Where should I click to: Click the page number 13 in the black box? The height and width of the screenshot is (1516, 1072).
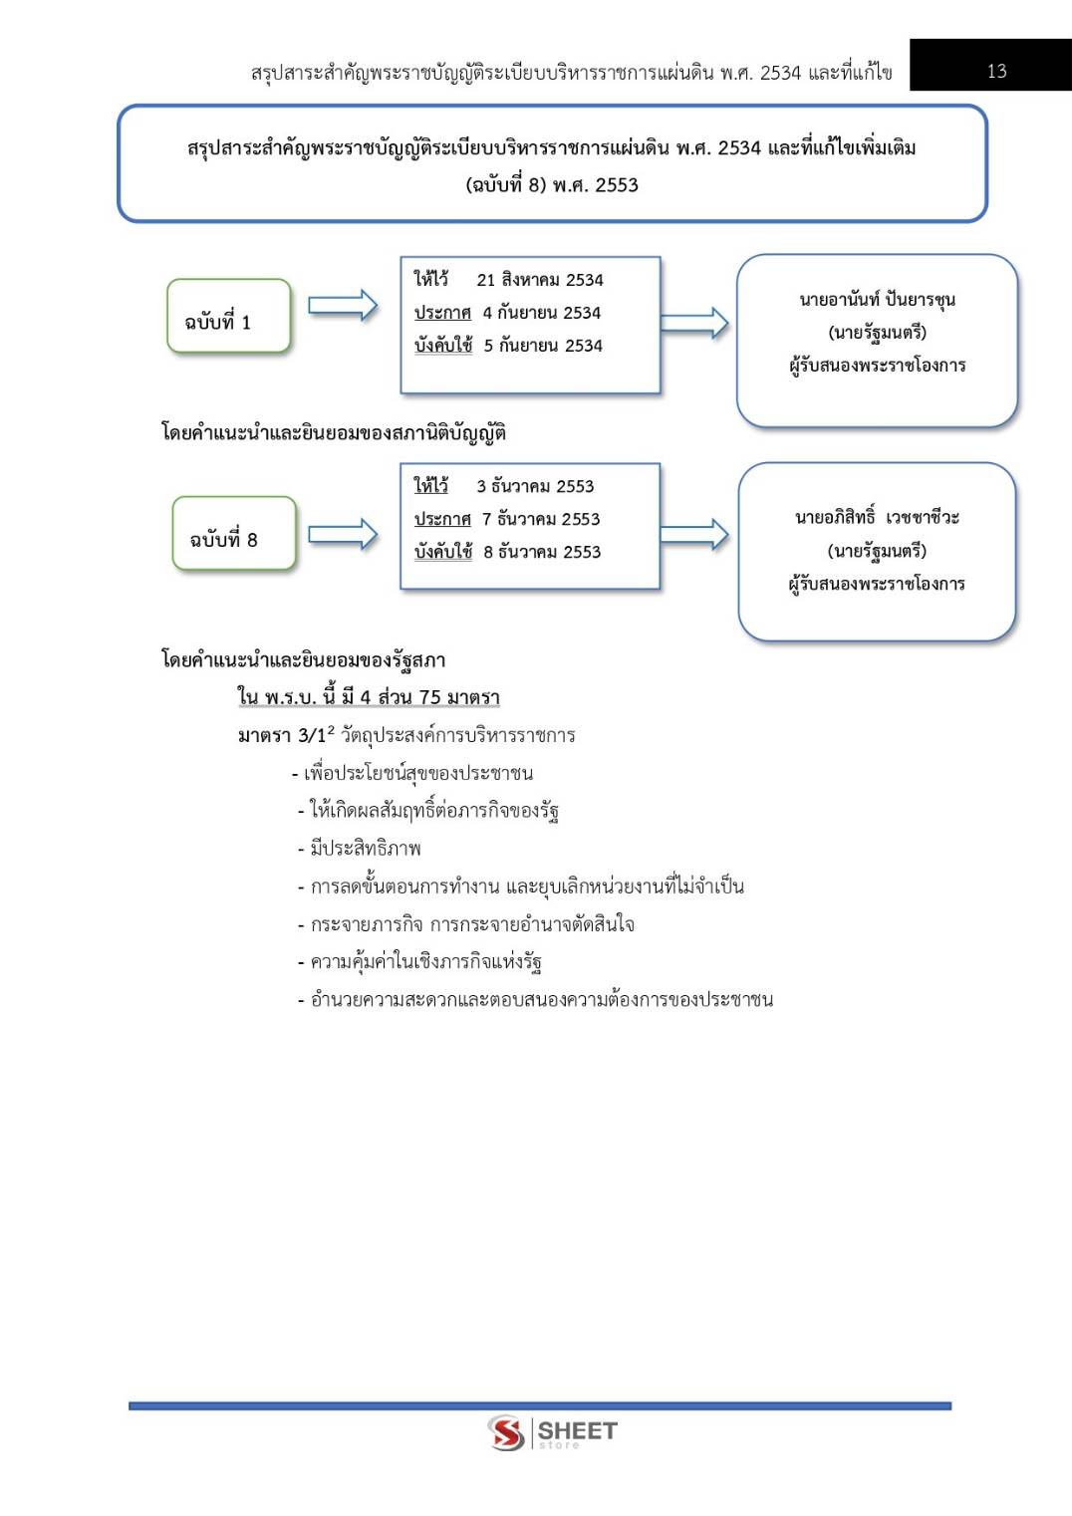point(996,71)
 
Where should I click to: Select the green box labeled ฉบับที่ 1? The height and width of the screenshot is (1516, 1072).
point(228,318)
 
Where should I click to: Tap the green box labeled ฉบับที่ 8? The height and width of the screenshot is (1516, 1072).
point(233,535)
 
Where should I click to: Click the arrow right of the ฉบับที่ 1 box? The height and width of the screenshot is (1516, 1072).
point(342,306)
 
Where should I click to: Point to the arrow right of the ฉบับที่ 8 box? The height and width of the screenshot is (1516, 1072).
point(342,535)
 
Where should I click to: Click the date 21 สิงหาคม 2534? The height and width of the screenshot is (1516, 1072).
point(540,280)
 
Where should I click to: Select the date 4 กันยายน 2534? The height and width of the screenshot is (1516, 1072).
point(541,313)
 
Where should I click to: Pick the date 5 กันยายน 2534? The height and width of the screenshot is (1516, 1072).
point(543,346)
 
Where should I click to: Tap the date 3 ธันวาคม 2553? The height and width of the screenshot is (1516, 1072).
point(535,486)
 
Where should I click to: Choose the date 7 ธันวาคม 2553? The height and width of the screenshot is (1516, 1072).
point(541,519)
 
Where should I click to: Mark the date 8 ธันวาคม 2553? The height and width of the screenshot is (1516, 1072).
point(542,552)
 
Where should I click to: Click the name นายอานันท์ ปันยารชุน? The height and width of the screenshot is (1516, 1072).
point(877,299)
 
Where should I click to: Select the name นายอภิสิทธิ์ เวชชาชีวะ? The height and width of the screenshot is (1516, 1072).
point(877,517)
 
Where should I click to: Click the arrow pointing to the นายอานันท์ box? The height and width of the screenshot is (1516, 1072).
point(694,322)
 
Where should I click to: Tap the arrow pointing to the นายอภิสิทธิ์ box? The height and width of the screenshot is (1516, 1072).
point(694,535)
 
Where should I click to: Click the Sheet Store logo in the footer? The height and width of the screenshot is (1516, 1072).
point(553,1433)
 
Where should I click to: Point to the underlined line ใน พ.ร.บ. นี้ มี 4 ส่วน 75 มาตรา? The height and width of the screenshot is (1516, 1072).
point(369,697)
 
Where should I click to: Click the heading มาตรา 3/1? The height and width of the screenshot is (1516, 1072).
point(282,736)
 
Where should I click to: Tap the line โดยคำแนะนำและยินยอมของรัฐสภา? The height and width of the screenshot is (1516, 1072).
point(303,660)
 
